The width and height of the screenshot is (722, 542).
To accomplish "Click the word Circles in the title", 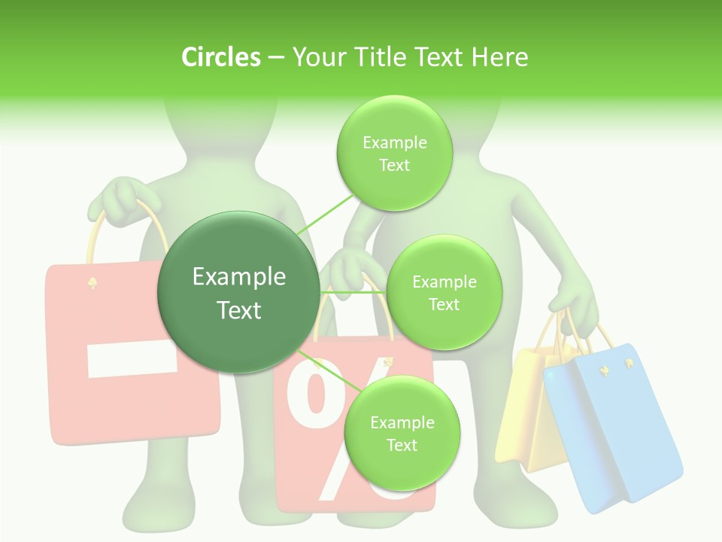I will click(221, 57).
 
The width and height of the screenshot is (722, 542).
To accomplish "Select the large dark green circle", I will click(238, 292).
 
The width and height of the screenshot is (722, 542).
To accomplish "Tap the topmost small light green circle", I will click(394, 153).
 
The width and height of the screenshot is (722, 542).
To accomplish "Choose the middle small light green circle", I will click(444, 292).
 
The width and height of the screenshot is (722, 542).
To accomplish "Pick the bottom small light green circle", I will click(402, 433).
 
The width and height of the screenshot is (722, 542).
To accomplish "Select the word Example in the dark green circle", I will click(238, 277).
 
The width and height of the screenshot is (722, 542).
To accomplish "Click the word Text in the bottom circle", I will click(402, 445).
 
